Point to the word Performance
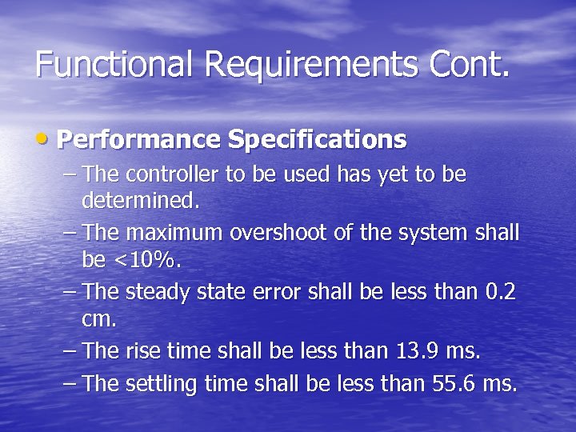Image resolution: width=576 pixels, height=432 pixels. pos(138,140)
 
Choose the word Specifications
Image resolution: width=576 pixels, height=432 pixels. pos(318,140)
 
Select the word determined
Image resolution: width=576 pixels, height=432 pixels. pos(141,201)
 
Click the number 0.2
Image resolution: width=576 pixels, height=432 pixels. pos(501,293)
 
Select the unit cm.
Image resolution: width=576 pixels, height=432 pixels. pos(99,319)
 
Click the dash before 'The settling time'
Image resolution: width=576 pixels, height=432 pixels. pos(70,384)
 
